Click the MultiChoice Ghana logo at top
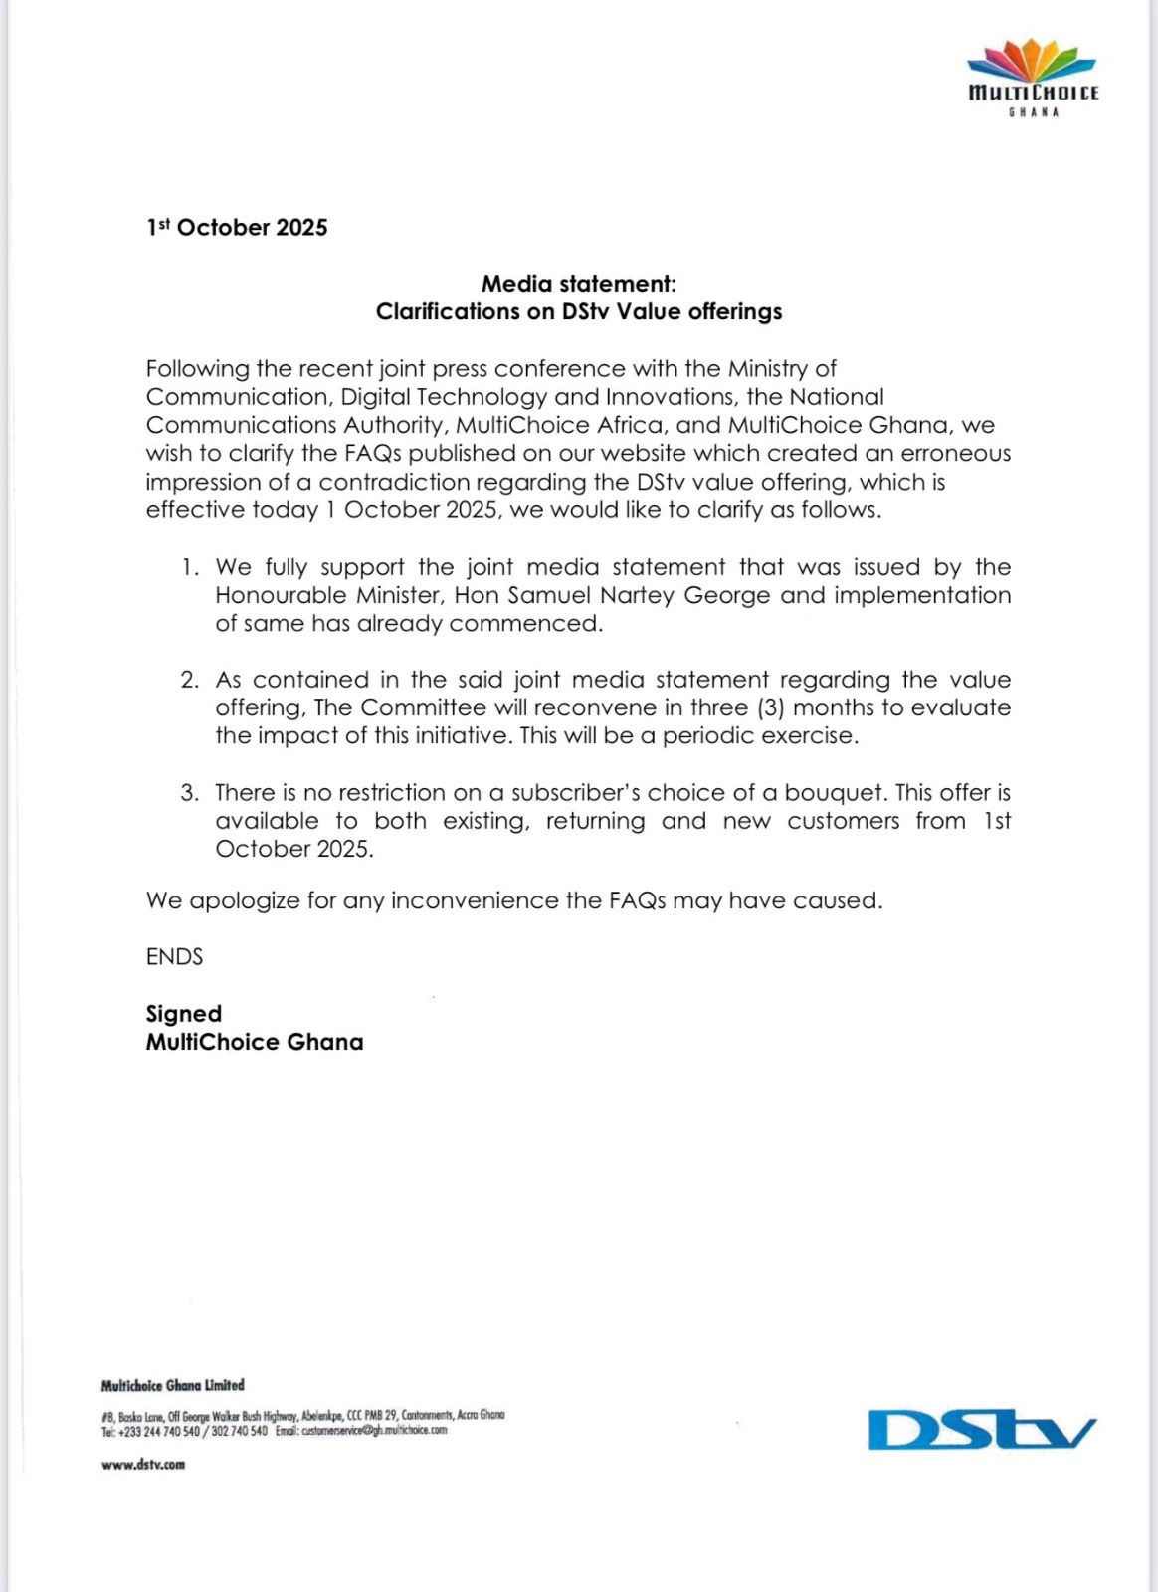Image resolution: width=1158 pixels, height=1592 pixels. point(1033,78)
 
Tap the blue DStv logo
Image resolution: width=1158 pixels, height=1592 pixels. point(982,1430)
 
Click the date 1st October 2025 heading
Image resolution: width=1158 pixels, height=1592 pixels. point(237,228)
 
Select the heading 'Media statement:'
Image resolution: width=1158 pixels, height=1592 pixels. point(578,284)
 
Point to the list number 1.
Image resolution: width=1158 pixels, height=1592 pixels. point(190,567)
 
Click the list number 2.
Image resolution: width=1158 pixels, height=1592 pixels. point(190,680)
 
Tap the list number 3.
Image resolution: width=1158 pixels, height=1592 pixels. point(190,793)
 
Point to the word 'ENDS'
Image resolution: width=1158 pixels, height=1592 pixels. point(174,957)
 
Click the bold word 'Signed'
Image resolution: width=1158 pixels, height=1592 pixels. point(184,1014)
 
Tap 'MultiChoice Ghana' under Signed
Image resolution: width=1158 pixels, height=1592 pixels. point(255,1042)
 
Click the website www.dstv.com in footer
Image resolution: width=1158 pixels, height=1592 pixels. point(143,1465)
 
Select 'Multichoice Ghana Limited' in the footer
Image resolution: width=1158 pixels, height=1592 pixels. point(172,1385)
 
